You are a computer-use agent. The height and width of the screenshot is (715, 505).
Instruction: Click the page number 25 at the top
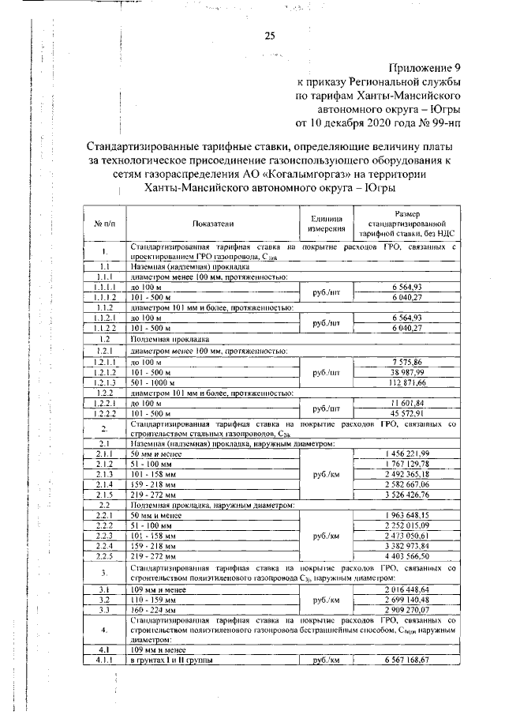click(x=269, y=36)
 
